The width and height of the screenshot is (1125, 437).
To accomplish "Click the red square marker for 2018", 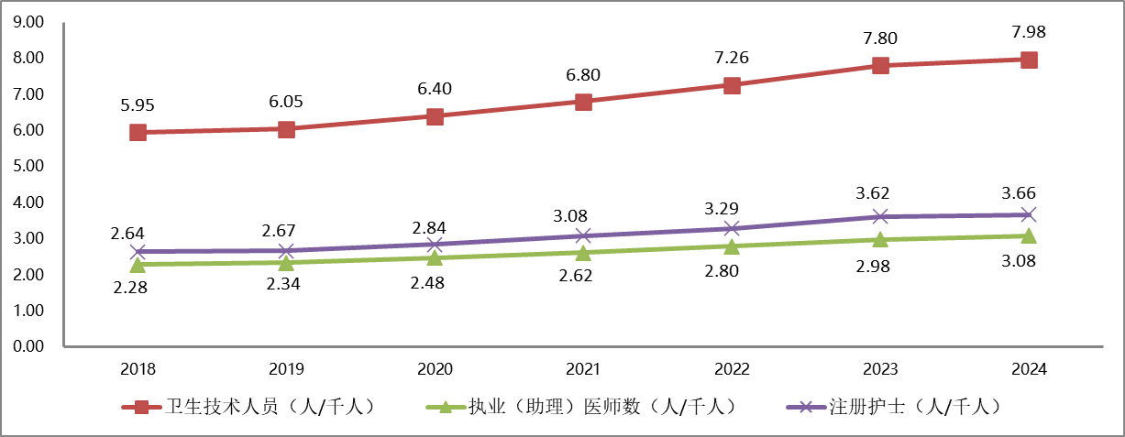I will [x=138, y=132].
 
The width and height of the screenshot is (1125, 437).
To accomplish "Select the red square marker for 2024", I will [x=1029, y=60].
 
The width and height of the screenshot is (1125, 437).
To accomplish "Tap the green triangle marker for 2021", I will [x=583, y=252].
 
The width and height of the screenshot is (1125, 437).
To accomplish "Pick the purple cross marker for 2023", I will [x=880, y=216].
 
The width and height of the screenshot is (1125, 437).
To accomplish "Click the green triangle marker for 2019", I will [x=286, y=262].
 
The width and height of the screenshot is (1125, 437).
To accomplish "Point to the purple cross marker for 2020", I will [x=435, y=245].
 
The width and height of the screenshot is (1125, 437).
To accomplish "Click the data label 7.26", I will [x=732, y=58].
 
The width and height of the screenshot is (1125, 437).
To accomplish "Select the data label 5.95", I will [x=138, y=104].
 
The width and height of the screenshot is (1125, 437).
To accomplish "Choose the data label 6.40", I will [x=435, y=89].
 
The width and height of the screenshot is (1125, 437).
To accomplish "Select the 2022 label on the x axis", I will [x=732, y=369].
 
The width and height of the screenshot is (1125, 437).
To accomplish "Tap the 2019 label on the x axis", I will [x=286, y=369].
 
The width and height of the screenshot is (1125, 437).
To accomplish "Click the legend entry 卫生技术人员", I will [x=270, y=407].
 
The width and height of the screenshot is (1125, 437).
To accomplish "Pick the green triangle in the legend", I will [x=446, y=407].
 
